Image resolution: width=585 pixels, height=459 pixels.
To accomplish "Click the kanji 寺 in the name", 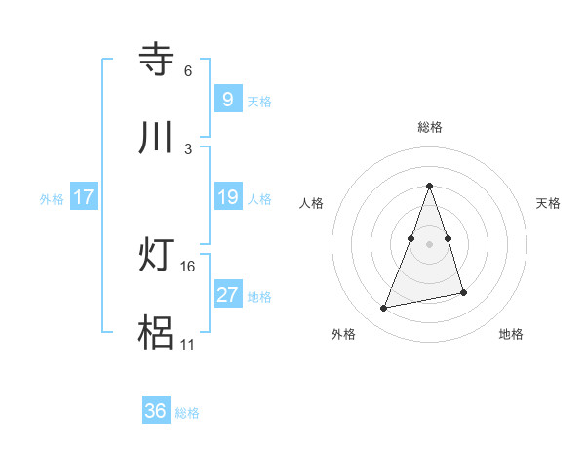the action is tap(157, 59).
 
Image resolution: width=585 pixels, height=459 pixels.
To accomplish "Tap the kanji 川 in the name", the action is tap(157, 138).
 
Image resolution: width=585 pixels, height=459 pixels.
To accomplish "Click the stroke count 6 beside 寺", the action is tap(187, 71).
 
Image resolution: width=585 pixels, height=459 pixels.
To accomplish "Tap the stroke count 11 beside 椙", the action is tap(188, 345).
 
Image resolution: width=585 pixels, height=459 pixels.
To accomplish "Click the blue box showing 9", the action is tap(227, 99).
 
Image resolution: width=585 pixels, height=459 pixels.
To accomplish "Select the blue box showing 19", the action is tap(227, 197).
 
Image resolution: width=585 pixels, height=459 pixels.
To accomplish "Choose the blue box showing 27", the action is tap(227, 295).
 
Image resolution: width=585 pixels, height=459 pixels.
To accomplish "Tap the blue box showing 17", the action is tap(84, 197).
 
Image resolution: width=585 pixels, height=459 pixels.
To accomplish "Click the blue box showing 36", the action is tap(155, 411).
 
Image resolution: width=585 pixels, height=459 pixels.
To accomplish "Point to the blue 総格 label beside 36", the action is tap(188, 413).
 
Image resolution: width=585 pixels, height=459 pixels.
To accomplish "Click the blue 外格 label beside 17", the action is tap(52, 198).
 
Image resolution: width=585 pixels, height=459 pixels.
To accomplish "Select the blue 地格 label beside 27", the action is tap(259, 297).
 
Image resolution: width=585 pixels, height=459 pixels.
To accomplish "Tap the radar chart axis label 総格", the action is tap(430, 127).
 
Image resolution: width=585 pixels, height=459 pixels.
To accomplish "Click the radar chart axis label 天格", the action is tap(549, 203).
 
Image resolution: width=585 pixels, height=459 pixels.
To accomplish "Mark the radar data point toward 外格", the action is tap(384, 309).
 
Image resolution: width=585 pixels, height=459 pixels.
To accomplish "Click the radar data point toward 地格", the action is tap(463, 292).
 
